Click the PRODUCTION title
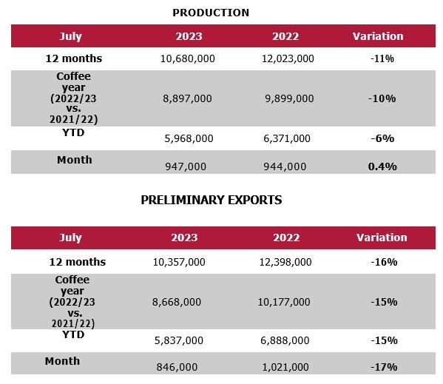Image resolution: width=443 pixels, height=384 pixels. pos(211,13)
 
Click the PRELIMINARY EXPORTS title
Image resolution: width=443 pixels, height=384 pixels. pos(212,200)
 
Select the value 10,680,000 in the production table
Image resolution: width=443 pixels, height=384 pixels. pos(188,58)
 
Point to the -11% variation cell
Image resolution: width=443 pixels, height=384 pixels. pos(382,58)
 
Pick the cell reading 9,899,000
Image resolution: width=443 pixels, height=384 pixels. pos(289,98)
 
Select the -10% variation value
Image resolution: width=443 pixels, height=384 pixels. pos(382,98)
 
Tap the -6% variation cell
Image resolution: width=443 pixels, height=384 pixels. pos(382,138)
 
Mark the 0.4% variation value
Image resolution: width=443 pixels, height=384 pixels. pos(382,166)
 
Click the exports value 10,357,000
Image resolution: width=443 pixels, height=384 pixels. pos(180,262)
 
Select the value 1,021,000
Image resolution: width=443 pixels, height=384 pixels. pos(285,367)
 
